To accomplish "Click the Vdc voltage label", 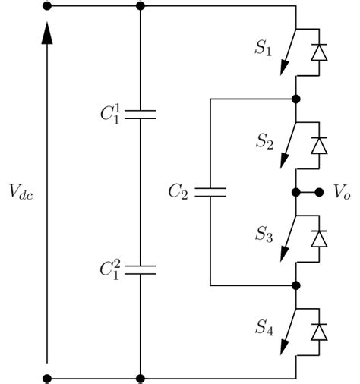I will coord(21,193).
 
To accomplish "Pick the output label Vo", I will coord(342,193).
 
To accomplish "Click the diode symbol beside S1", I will coord(320,52).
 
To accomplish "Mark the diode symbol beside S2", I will coord(320,144).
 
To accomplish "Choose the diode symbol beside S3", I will coord(320,238).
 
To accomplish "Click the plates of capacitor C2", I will coord(210,192).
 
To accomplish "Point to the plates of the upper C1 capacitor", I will coord(140,115).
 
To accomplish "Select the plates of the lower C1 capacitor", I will coord(140,269).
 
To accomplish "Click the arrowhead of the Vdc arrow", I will coord(47,32).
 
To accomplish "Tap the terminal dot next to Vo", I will coord(320,193).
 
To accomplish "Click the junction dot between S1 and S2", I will coord(296,99).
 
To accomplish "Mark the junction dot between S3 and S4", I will coord(296,285).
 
